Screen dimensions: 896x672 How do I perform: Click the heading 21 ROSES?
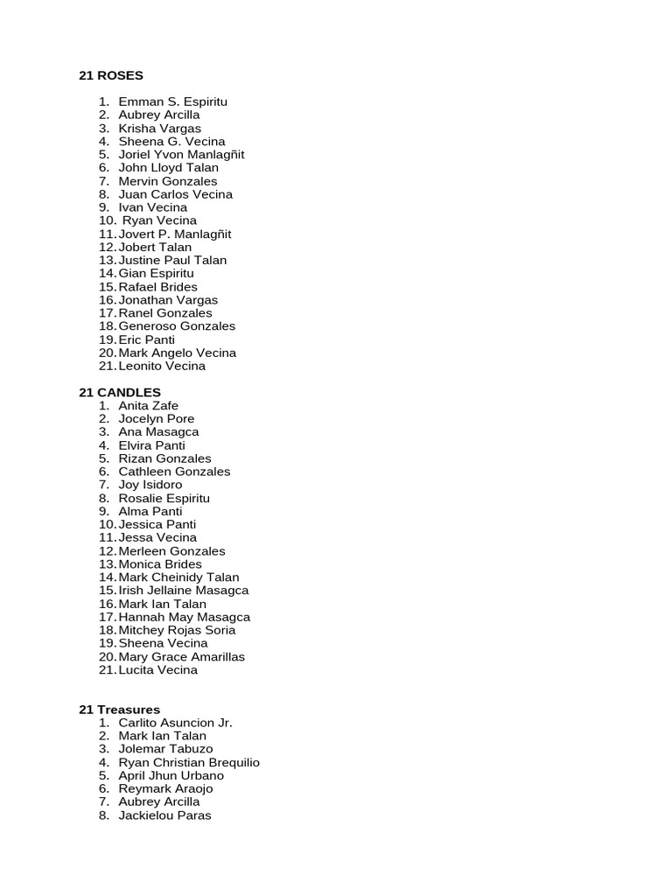pos(110,75)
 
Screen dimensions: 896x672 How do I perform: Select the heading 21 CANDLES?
pos(120,392)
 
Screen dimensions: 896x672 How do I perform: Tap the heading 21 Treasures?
pos(120,709)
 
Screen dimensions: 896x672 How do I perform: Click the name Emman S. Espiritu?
pos(172,101)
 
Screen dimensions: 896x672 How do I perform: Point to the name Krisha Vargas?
pos(159,128)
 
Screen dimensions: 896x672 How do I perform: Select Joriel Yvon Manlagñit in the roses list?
pos(181,154)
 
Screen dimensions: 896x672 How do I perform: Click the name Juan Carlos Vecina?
pos(175,194)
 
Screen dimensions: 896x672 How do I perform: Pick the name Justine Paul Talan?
pos(172,260)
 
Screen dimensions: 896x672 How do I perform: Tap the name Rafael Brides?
pos(157,286)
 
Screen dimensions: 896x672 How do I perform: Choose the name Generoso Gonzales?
pos(177,325)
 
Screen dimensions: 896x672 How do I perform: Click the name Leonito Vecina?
pos(162,366)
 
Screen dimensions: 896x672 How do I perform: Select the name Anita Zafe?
pos(148,405)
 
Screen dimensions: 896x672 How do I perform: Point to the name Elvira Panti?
pos(151,445)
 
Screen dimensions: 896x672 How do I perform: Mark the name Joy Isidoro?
pos(150,485)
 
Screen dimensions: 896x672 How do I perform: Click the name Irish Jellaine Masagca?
pos(184,591)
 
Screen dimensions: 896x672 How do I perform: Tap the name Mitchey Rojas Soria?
pos(177,630)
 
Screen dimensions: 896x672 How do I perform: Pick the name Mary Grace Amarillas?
pos(181,656)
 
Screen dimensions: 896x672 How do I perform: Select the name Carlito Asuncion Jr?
pos(175,723)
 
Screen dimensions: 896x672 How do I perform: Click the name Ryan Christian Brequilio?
pos(189,762)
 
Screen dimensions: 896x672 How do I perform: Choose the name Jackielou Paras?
pos(164,815)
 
